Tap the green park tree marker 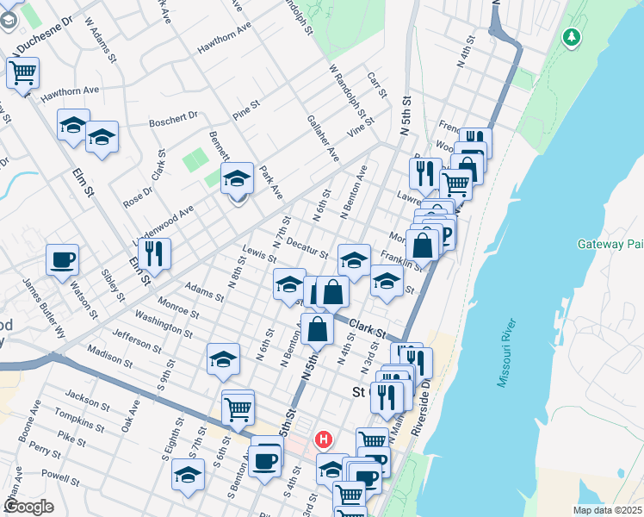(571, 37)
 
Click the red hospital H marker (324, 439)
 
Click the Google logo (28, 507)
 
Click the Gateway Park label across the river (611, 245)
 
